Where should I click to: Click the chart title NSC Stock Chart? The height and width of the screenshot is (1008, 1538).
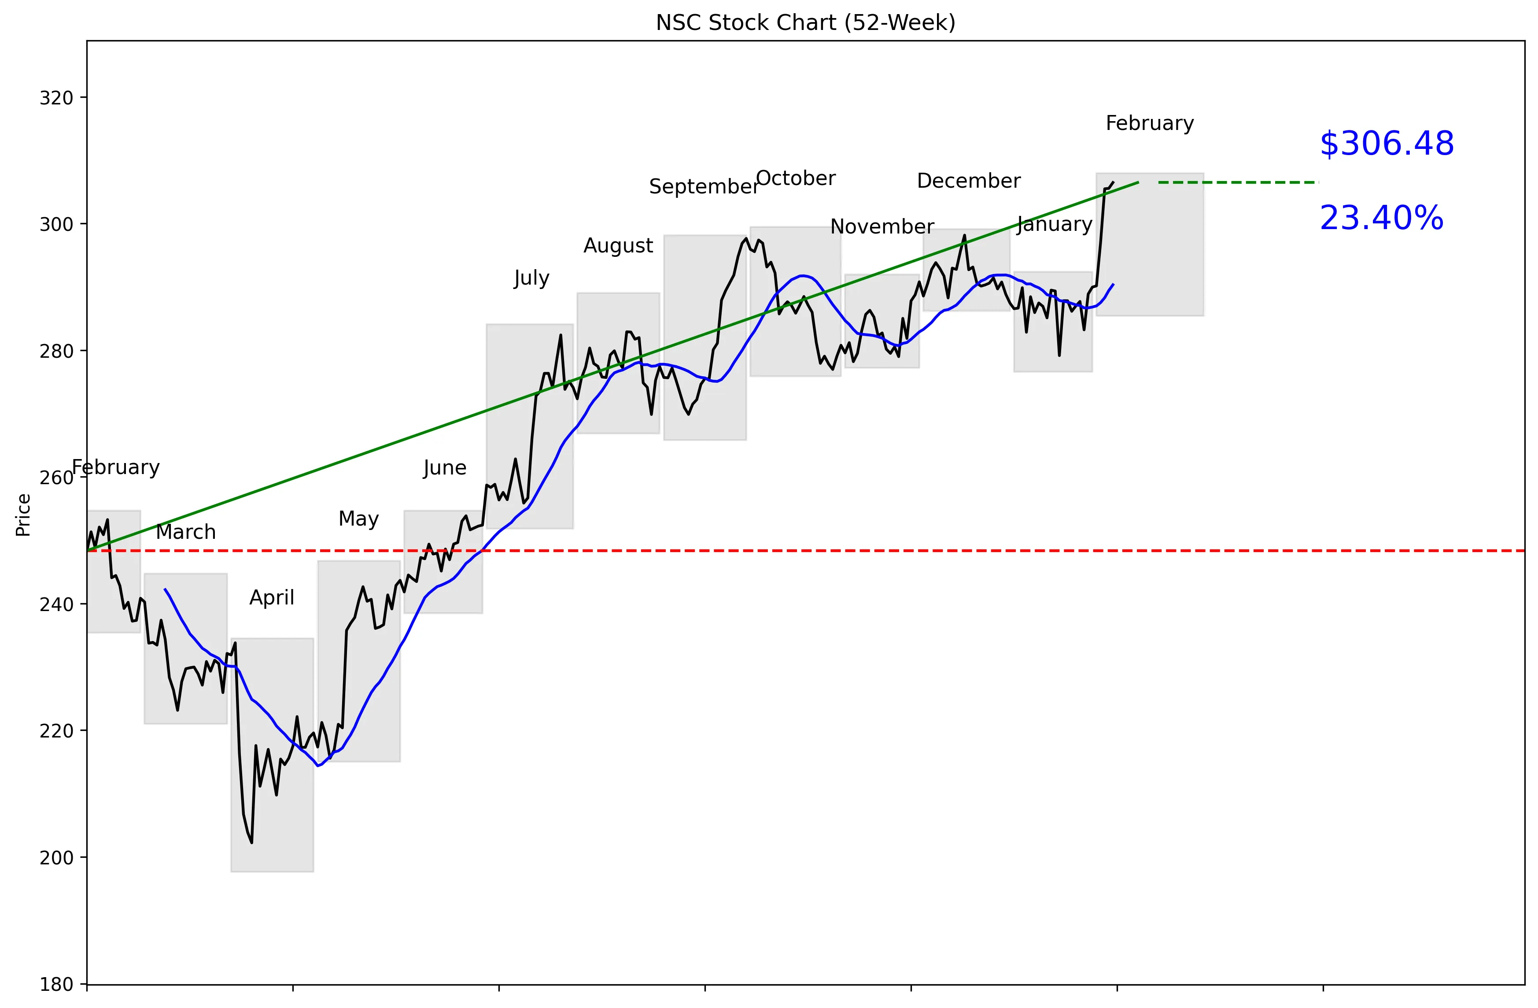pyautogui.click(x=805, y=22)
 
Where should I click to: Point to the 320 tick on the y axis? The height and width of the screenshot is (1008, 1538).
pyautogui.click(x=56, y=98)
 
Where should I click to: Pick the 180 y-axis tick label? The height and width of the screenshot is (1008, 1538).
pyautogui.click(x=56, y=984)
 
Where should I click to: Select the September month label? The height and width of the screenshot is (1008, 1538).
pyautogui.click(x=704, y=186)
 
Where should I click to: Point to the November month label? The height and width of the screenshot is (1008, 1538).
pyautogui.click(x=881, y=226)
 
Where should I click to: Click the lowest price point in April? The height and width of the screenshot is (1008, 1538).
pyautogui.click(x=251, y=842)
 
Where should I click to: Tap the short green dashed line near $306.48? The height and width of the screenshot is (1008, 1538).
pyautogui.click(x=1238, y=182)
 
